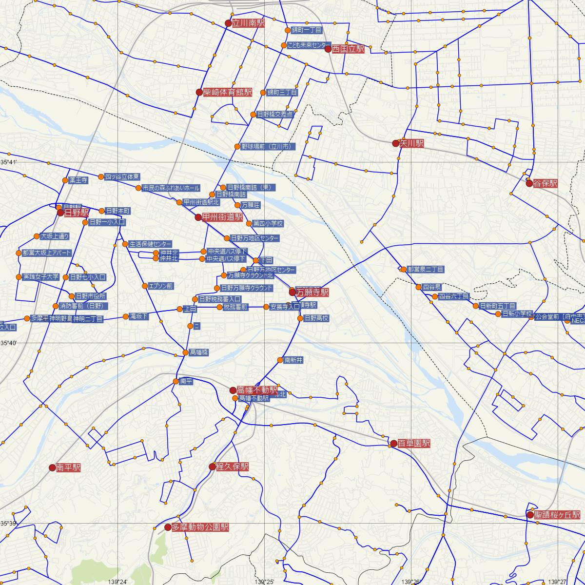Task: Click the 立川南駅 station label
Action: tap(248, 23)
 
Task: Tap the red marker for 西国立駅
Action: tap(328, 49)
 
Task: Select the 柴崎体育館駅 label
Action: tap(228, 92)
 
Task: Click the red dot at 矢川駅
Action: tap(396, 144)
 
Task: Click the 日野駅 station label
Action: tap(77, 213)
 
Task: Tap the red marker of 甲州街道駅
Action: tap(198, 217)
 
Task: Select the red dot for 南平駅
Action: tap(52, 468)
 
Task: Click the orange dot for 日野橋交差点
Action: tap(253, 115)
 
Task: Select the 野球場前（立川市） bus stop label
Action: tap(269, 146)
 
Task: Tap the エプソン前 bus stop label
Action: tap(161, 286)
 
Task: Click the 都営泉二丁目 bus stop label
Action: tap(426, 269)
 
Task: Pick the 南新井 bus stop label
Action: tap(294, 360)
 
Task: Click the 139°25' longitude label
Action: tap(265, 582)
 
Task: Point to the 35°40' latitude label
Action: tap(9, 344)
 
